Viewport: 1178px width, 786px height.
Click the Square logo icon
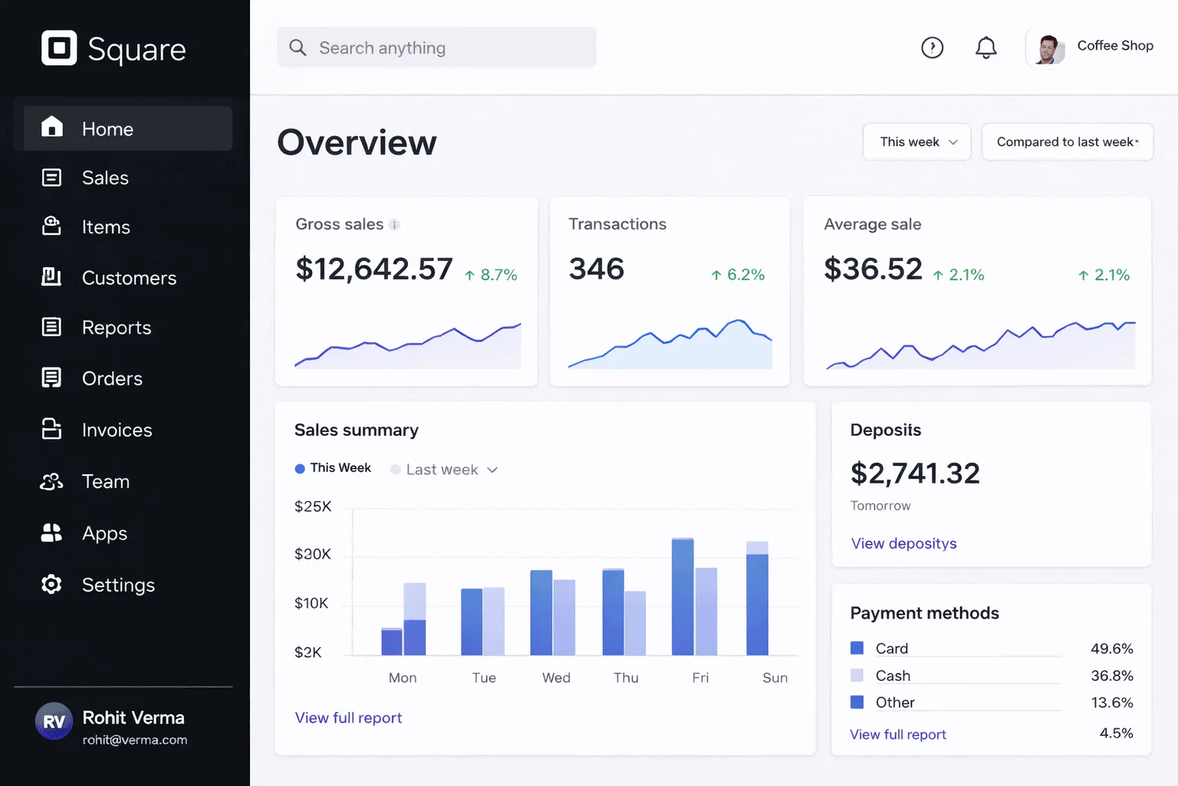click(x=59, y=48)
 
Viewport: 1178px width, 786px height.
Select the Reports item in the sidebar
click(x=117, y=328)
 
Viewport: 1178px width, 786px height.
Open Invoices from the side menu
click(x=117, y=430)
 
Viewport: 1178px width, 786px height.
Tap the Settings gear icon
click(x=51, y=584)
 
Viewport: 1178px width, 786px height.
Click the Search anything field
click(x=436, y=48)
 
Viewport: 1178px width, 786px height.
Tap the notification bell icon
click(x=986, y=48)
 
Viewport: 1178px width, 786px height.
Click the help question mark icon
click(x=933, y=48)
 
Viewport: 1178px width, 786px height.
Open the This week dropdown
click(x=916, y=141)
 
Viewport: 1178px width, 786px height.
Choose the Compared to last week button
click(x=1068, y=141)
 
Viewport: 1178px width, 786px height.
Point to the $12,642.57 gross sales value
click(x=374, y=269)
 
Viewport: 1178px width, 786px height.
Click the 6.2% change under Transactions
click(x=738, y=274)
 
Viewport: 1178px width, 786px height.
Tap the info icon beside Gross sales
click(x=394, y=225)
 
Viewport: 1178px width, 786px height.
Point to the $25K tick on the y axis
click(x=313, y=507)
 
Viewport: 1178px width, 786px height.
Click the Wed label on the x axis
click(x=556, y=678)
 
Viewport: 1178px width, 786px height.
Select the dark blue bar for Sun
click(x=757, y=604)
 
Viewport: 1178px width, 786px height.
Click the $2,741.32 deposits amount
click(x=915, y=473)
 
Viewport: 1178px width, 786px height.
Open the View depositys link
click(x=903, y=543)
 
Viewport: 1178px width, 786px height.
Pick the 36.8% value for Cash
click(x=1112, y=675)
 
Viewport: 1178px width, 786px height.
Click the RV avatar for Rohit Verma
click(x=54, y=721)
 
